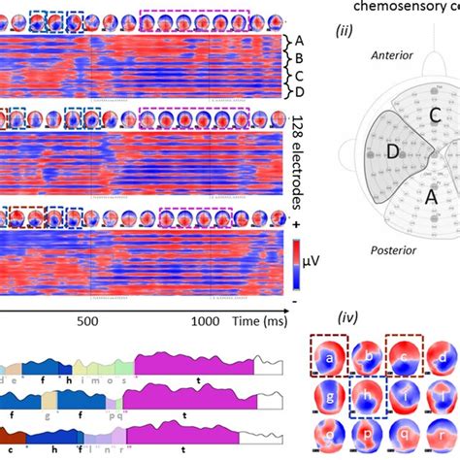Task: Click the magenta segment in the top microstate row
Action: click(194, 370)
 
